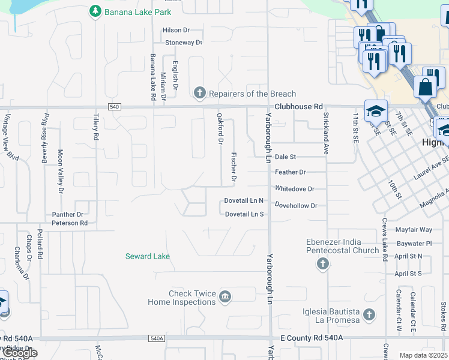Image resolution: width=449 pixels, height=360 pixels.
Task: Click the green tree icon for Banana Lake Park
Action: pyautogui.click(x=94, y=11)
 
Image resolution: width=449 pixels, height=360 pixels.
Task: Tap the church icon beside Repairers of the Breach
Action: pyautogui.click(x=200, y=93)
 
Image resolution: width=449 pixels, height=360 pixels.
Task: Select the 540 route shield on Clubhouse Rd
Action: pyautogui.click(x=115, y=107)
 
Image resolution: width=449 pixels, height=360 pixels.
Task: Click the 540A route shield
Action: pyautogui.click(x=156, y=338)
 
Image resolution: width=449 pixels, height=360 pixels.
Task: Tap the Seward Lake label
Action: pyautogui.click(x=147, y=256)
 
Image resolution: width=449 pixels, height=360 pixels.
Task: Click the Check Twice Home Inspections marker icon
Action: pyautogui.click(x=225, y=296)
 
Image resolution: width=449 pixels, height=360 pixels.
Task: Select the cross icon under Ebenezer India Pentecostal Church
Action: pyautogui.click(x=323, y=263)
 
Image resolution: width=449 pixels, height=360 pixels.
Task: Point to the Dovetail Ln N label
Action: pyautogui.click(x=244, y=200)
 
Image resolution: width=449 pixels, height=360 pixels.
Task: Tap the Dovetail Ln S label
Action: pyautogui.click(x=244, y=214)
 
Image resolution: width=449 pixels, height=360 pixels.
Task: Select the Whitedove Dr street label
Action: pyautogui.click(x=295, y=188)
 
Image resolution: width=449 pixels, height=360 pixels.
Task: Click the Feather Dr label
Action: pyautogui.click(x=291, y=172)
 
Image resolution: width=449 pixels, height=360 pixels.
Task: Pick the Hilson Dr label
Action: pyautogui.click(x=176, y=30)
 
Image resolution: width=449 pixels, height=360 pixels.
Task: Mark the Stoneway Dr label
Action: pyautogui.click(x=184, y=43)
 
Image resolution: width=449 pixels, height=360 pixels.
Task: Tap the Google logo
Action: pyautogui.click(x=20, y=353)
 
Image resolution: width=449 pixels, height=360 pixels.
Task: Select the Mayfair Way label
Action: pyautogui.click(x=414, y=230)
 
